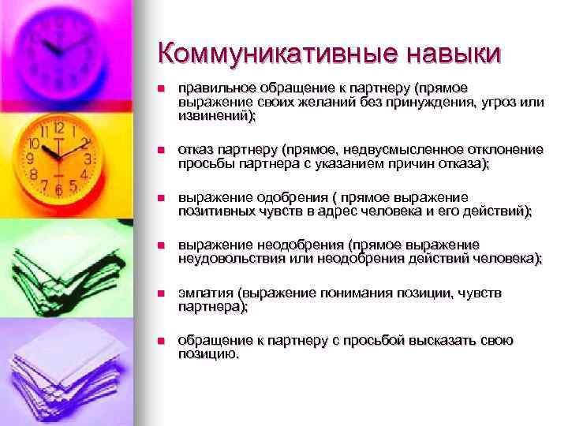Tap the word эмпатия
(x=203, y=293)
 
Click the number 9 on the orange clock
(x=32, y=158)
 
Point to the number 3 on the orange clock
(x=88, y=157)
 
